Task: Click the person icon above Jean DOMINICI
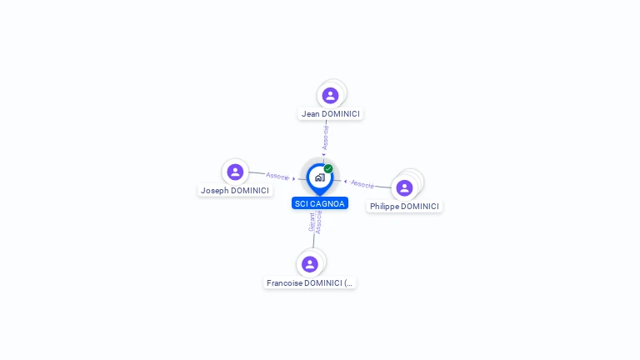point(330,96)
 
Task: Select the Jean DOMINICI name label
point(331,114)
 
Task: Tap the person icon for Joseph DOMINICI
point(235,172)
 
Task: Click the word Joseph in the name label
point(215,191)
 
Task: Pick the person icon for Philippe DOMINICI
point(404,187)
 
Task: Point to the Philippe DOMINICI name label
point(404,207)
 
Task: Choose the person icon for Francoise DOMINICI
point(310,264)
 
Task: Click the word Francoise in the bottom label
point(284,282)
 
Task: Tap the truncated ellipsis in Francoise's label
point(348,283)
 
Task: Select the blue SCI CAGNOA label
point(320,203)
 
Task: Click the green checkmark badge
point(328,168)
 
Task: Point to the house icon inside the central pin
point(320,177)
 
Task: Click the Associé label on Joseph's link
point(277,176)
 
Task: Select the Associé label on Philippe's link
point(362,184)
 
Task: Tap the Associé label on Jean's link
point(325,137)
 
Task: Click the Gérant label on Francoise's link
point(312,222)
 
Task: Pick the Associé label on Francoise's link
point(319,222)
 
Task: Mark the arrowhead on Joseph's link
point(294,179)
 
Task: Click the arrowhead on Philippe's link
point(345,182)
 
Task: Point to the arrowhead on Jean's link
point(323,155)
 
